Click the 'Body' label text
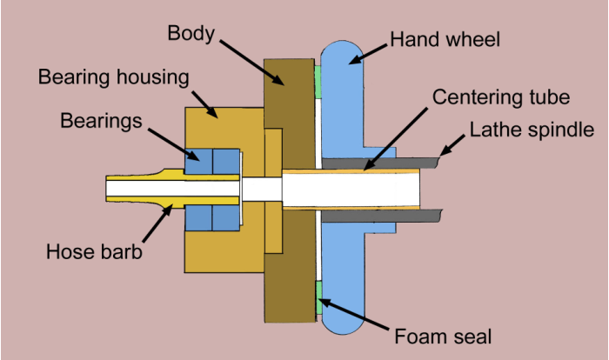point(191,34)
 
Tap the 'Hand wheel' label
point(445,40)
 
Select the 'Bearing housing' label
point(114,77)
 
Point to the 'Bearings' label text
point(101,121)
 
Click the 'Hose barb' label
point(94,251)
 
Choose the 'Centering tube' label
point(501,97)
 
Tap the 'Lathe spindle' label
point(532,130)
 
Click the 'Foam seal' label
point(443,337)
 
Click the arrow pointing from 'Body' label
point(251,62)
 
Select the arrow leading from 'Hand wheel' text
point(368,54)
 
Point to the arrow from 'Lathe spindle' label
point(452,145)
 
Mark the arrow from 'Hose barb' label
point(157,223)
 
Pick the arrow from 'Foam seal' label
point(353,314)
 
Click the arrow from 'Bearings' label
point(174,144)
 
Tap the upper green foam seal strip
point(318,82)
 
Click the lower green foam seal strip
point(319,298)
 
